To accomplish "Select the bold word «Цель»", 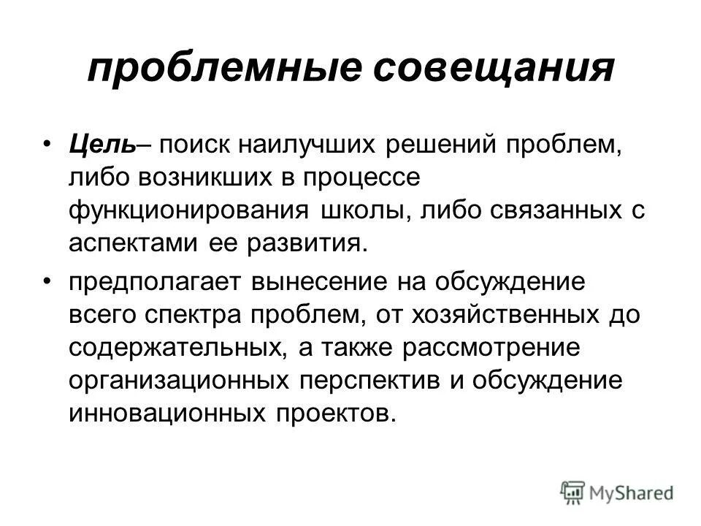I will pyautogui.click(x=101, y=143).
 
